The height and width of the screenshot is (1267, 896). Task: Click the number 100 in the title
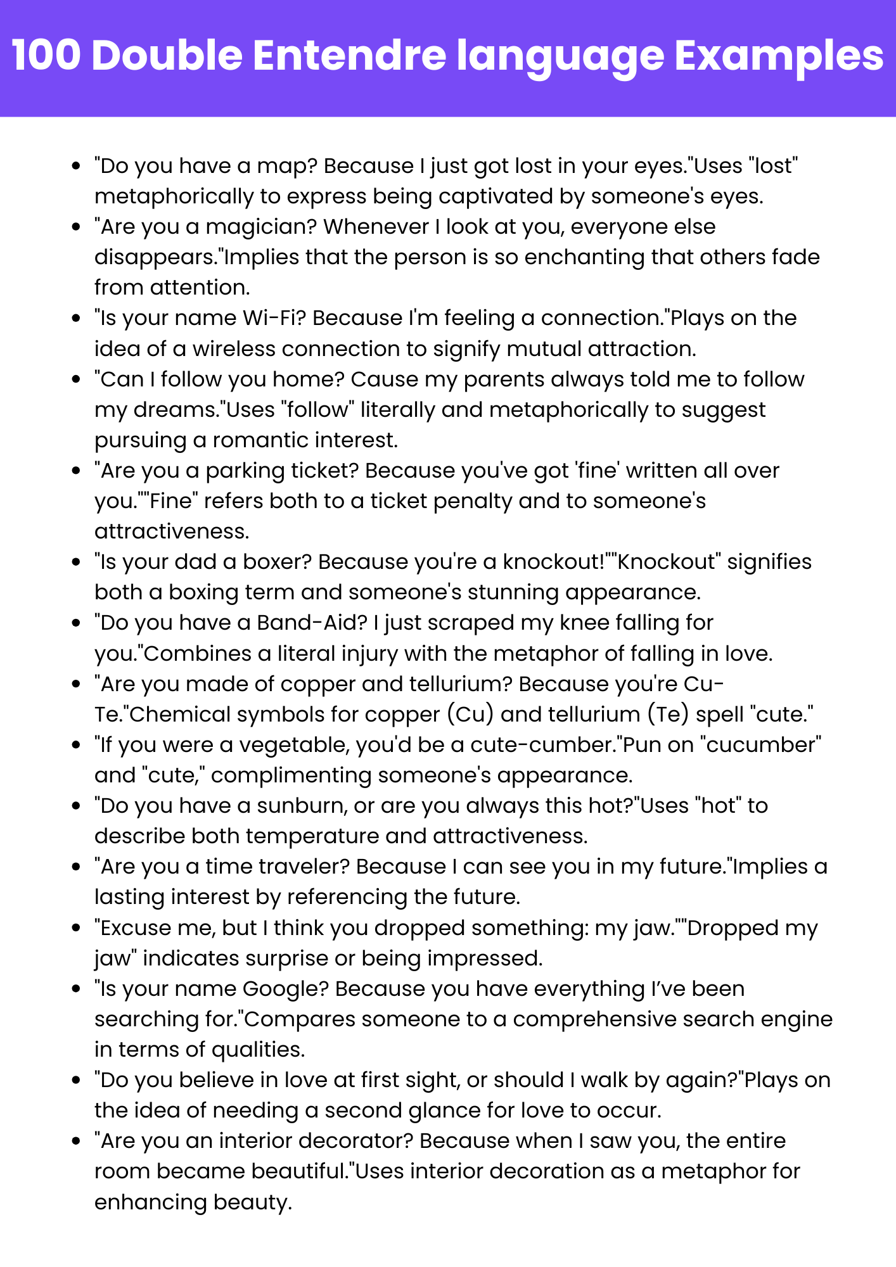46,56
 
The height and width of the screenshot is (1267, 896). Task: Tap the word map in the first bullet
285,166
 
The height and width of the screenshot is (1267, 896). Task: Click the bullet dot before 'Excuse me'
76,928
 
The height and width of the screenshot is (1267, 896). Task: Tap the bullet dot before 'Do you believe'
76,1080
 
